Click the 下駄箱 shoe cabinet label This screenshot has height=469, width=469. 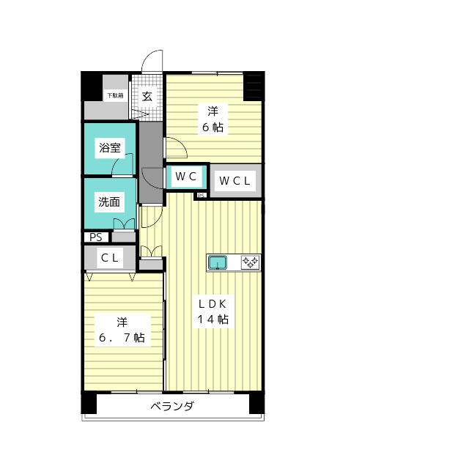coord(114,95)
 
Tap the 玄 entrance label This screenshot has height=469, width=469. coord(147,96)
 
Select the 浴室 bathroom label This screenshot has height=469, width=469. coord(110,147)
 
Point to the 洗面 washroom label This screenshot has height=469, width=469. coord(109,202)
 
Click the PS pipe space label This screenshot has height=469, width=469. coord(96,237)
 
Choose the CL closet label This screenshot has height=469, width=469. coord(110,257)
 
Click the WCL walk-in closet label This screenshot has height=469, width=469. coord(235,180)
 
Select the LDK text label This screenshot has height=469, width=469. coord(213,304)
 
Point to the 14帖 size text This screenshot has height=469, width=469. coord(213,320)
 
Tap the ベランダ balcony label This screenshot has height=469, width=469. coord(172,407)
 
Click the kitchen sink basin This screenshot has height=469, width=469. coord(219,262)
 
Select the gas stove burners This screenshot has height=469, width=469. coord(249,262)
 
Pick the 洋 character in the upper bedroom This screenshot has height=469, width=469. coord(213,111)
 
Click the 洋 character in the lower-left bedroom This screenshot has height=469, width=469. coord(122,322)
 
